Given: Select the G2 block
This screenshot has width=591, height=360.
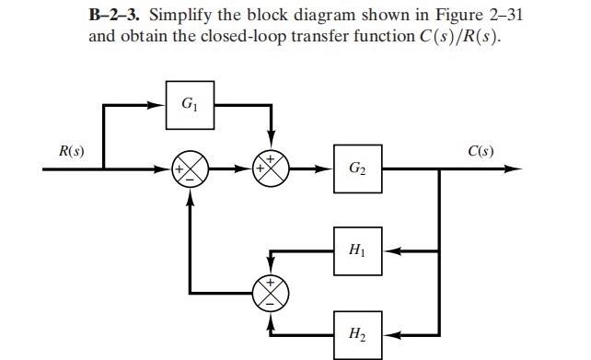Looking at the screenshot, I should [357, 168].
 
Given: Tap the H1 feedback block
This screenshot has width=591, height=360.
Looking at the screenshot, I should [357, 250].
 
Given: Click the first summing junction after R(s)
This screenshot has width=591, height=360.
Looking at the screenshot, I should [192, 169].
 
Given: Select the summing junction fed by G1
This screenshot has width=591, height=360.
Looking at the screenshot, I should [271, 169].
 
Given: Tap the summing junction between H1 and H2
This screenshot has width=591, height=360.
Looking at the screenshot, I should [271, 293].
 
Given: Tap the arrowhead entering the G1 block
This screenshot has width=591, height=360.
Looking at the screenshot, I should [158, 105].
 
